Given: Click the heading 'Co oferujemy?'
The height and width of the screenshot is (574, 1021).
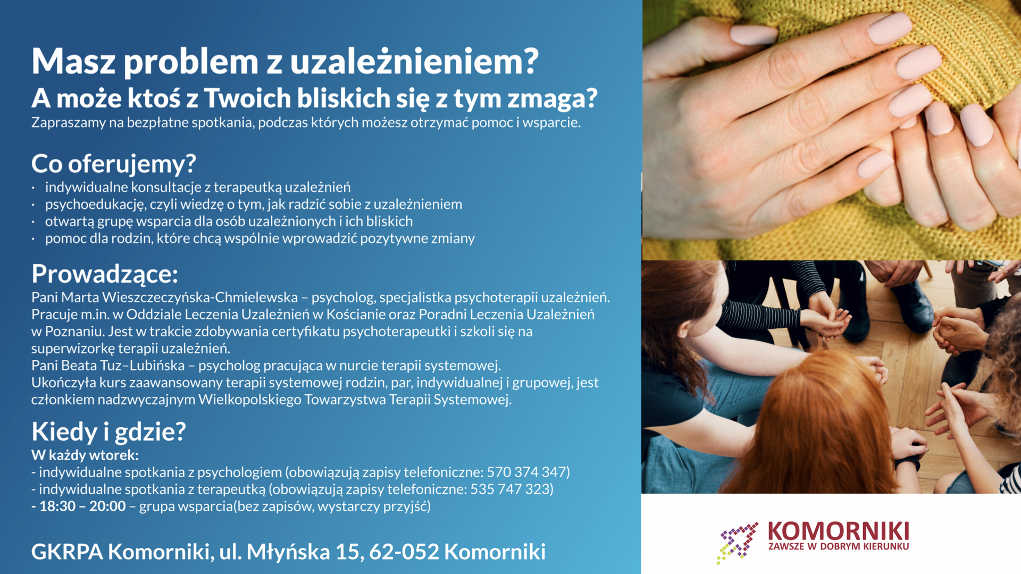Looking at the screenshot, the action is point(114,164).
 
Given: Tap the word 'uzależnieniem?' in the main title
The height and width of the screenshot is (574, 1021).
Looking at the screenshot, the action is point(414,61).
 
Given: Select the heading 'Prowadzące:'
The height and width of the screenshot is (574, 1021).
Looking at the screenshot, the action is point(105,274).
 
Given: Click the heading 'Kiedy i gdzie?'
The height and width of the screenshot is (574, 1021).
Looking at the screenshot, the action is point(109,432).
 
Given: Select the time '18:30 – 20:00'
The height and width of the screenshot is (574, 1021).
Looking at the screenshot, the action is point(82,506).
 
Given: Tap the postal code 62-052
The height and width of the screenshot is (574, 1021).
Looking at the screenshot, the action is point(404,552).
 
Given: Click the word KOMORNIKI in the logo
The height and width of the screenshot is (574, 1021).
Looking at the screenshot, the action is point(839,531).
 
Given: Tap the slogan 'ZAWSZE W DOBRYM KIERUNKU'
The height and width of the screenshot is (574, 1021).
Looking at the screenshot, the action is point(839,546).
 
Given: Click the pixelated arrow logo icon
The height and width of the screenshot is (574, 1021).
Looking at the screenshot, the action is point(737,543).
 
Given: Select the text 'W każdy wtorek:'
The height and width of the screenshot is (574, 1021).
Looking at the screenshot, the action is point(85,455).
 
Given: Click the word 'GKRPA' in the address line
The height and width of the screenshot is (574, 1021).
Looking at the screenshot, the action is point(67,552).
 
